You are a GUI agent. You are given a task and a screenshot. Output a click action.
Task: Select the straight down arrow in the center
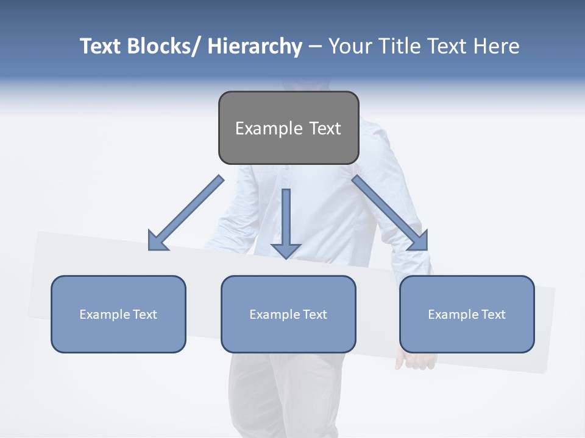[x=286, y=225]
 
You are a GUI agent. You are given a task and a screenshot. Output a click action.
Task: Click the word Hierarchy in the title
[x=255, y=46]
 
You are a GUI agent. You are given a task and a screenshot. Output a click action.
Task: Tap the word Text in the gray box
[x=325, y=128]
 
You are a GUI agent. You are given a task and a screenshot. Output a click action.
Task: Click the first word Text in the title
[x=101, y=46]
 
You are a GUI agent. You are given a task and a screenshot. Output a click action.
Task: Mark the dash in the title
[x=315, y=47]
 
